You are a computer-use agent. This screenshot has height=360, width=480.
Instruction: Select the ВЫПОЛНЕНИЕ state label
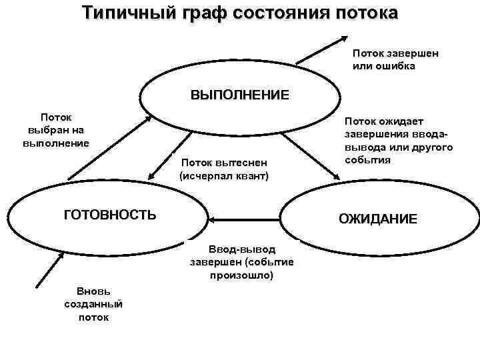(x=240, y=95)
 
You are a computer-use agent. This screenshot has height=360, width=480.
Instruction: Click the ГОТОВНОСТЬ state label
(x=110, y=215)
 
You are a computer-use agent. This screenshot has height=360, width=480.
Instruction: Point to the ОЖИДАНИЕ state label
(x=378, y=219)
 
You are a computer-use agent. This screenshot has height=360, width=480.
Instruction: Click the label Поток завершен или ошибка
(x=395, y=59)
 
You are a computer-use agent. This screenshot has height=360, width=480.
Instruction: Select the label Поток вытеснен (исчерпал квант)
(x=224, y=169)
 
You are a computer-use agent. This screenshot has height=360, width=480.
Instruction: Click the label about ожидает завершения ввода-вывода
(x=398, y=141)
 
